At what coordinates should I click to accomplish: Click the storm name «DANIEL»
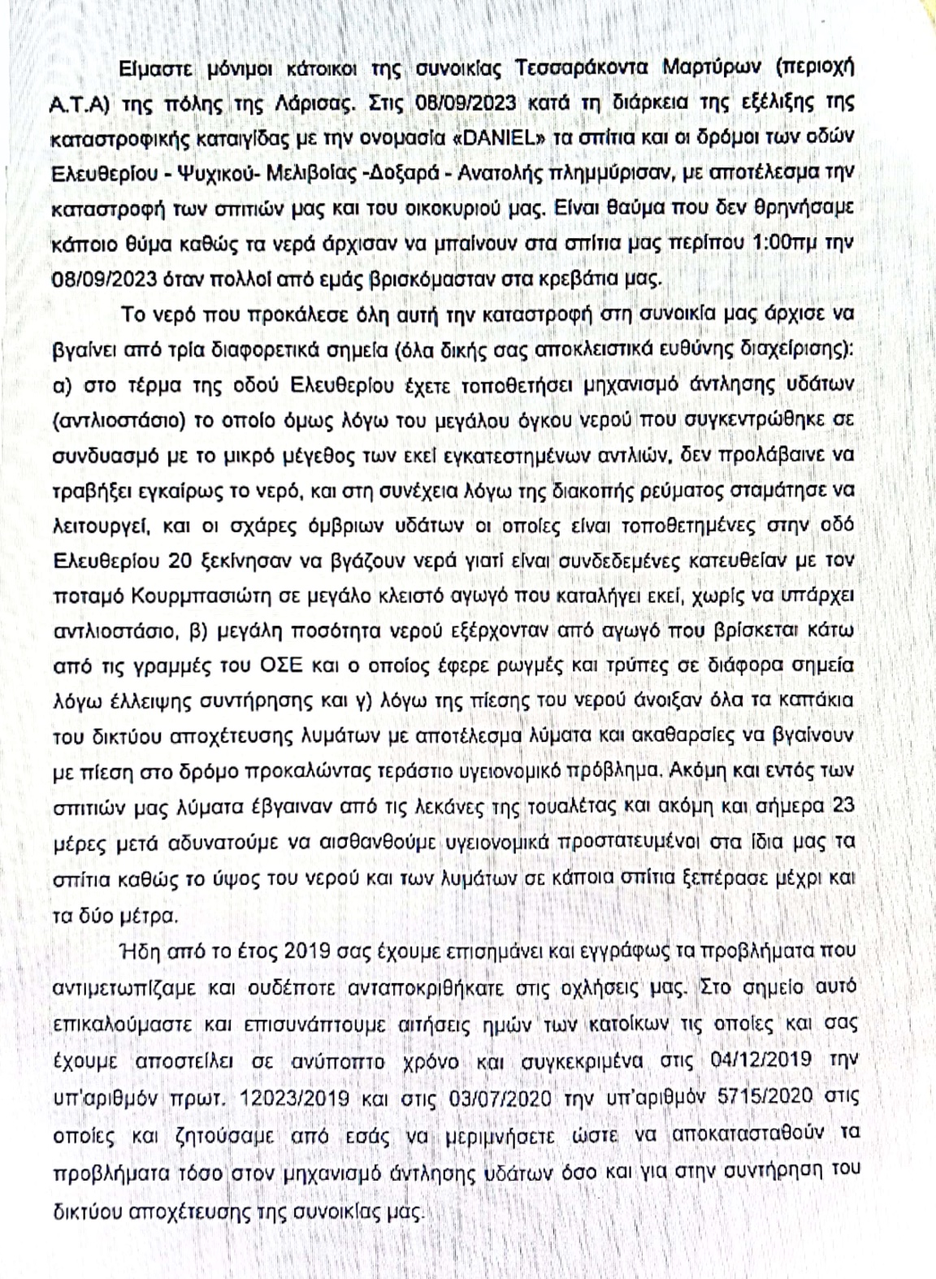(x=502, y=137)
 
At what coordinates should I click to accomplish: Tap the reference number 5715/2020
(x=772, y=1098)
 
